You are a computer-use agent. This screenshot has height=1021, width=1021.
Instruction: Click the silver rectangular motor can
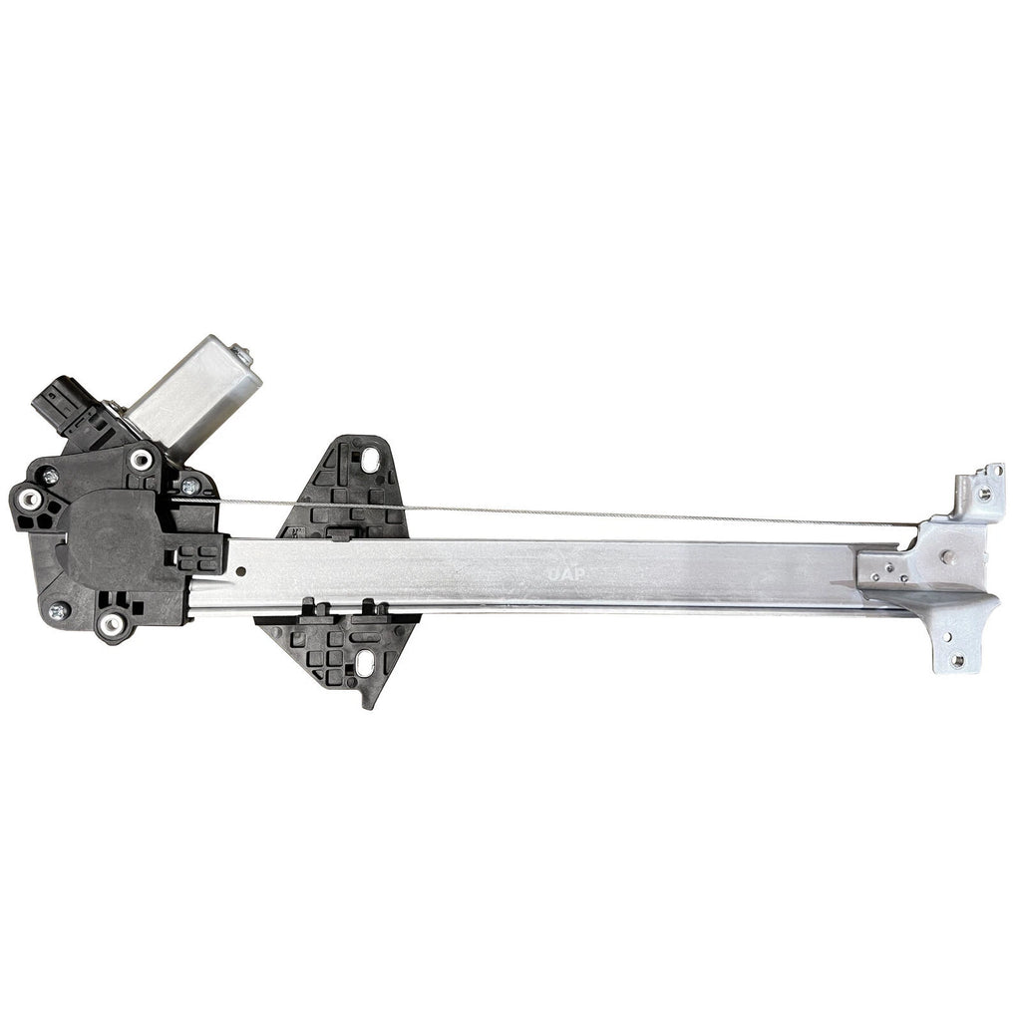pos(193,390)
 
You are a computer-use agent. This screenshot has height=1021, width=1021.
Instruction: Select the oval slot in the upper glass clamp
pos(370,460)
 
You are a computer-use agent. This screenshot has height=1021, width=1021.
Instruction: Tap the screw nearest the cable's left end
pos(188,487)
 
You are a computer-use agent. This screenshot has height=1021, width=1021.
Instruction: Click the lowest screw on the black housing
pos(57,611)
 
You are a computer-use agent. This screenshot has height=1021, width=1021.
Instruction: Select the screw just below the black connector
pos(48,475)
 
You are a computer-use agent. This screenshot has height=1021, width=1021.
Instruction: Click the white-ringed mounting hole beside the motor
pos(141,460)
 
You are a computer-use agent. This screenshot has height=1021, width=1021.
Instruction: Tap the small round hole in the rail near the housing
pos(242,572)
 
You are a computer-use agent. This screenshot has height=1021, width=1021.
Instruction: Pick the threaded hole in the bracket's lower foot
pos(956,659)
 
